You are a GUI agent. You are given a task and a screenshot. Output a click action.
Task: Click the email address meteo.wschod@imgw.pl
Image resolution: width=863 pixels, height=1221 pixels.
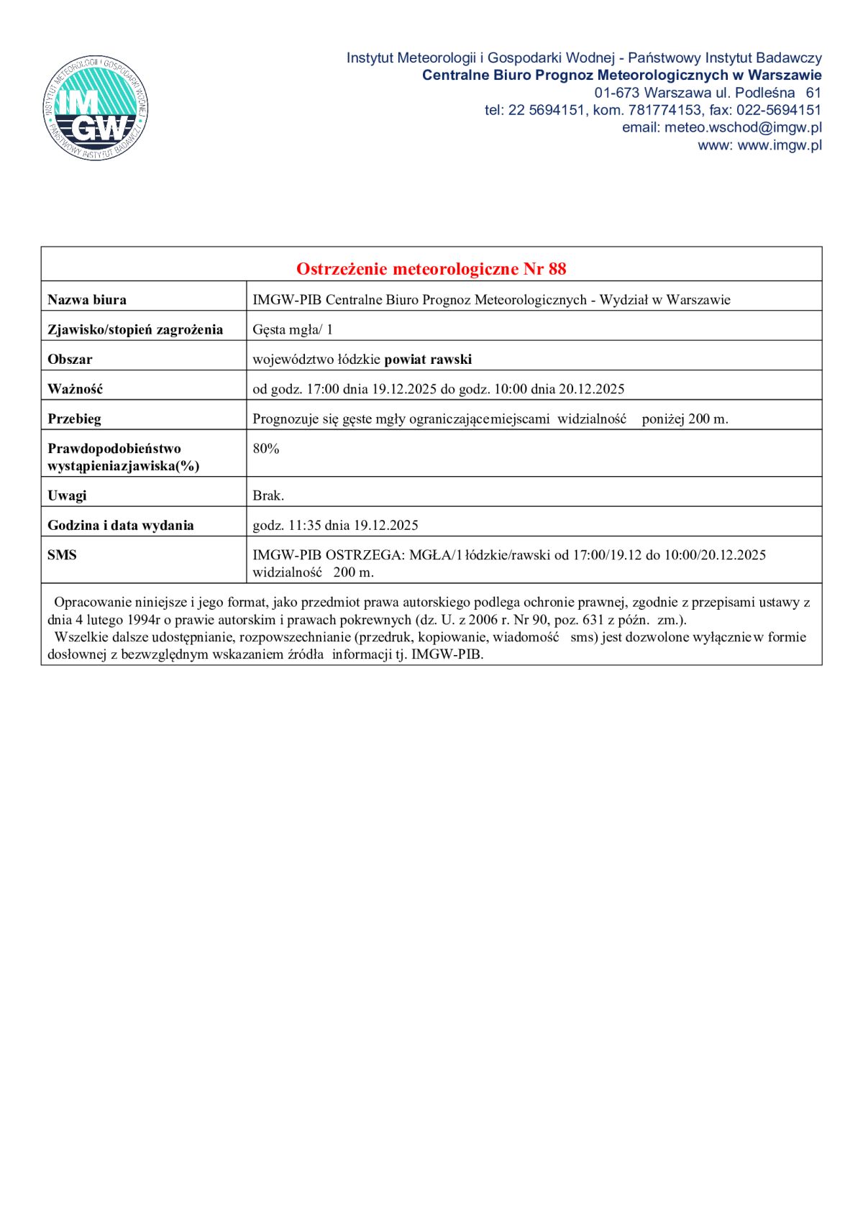(743, 127)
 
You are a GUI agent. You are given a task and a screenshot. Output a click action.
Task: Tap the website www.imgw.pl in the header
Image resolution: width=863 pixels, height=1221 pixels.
(780, 145)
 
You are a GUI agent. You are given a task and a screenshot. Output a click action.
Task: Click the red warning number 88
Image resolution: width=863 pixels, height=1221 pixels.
(557, 269)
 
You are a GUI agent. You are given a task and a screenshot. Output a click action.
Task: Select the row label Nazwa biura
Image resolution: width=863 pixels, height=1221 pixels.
(87, 300)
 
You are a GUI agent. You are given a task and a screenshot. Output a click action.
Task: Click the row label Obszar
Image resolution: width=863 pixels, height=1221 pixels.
(70, 359)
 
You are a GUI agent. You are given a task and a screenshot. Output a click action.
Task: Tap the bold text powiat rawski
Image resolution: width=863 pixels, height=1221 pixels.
(428, 359)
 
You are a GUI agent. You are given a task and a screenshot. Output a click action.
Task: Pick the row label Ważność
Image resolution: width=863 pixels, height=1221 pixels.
(76, 389)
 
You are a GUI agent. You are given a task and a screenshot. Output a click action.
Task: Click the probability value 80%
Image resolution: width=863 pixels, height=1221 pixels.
(266, 448)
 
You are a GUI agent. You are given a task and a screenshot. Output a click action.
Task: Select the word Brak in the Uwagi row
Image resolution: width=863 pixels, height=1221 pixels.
(267, 495)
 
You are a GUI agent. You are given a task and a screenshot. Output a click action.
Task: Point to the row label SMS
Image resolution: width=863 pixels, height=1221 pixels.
(62, 555)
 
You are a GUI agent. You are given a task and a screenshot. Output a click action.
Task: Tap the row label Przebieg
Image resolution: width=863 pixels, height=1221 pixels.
(74, 419)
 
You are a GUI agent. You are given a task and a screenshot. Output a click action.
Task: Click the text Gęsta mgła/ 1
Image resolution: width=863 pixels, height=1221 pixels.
(292, 329)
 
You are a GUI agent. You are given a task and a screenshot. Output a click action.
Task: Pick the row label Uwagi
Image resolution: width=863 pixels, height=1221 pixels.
(67, 495)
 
